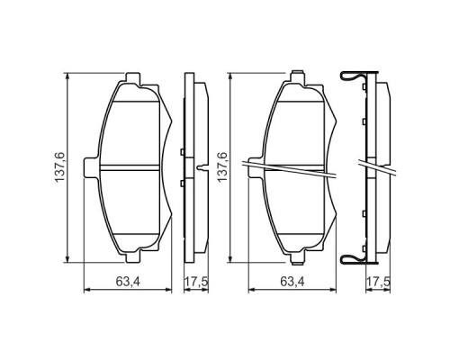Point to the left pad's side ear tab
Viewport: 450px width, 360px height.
[x=88, y=167]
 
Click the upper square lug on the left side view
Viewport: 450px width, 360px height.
[x=183, y=150]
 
